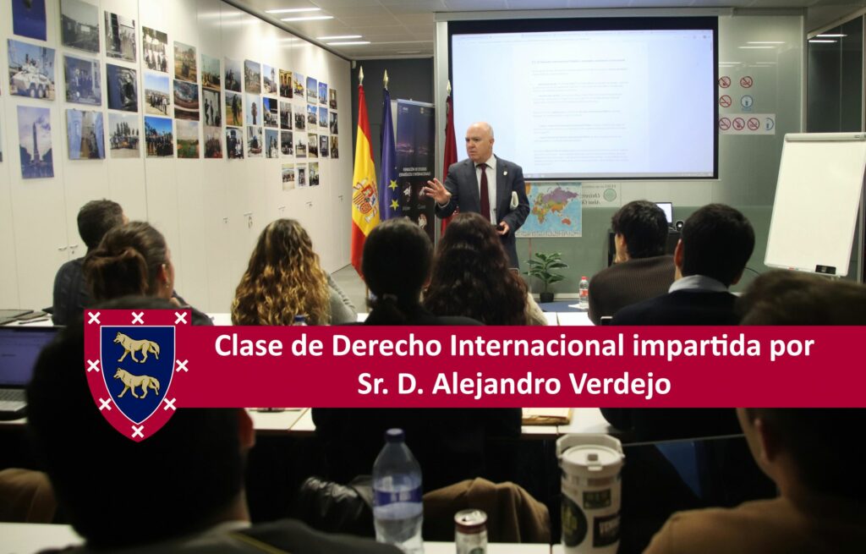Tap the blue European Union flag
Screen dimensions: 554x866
point(388,169)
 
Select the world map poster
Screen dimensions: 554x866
point(550,210)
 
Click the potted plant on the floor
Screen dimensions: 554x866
point(545,274)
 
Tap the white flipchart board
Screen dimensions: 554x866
point(817,203)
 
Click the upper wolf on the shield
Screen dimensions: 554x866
point(137,347)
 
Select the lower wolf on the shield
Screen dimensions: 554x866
point(137,383)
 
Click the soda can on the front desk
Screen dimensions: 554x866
point(470,531)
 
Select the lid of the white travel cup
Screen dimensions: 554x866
point(589,447)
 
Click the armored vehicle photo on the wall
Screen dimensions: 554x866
point(31,69)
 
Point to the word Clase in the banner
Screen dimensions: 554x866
point(247,347)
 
